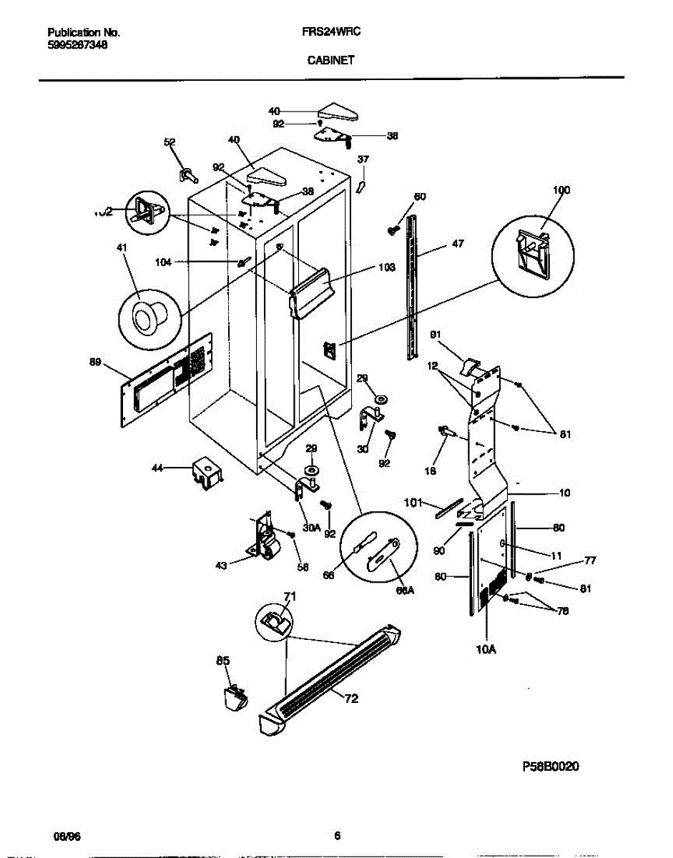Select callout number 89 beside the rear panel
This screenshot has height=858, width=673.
pos(95,363)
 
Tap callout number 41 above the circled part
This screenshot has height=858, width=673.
pos(122,248)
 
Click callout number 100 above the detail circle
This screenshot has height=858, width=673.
pos(561,190)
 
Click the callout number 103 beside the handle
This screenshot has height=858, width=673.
pos(385,267)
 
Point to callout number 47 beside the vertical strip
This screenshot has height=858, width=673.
pos(457,244)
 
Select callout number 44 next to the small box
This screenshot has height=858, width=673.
pos(157,468)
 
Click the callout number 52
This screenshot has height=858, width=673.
pos(170,143)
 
